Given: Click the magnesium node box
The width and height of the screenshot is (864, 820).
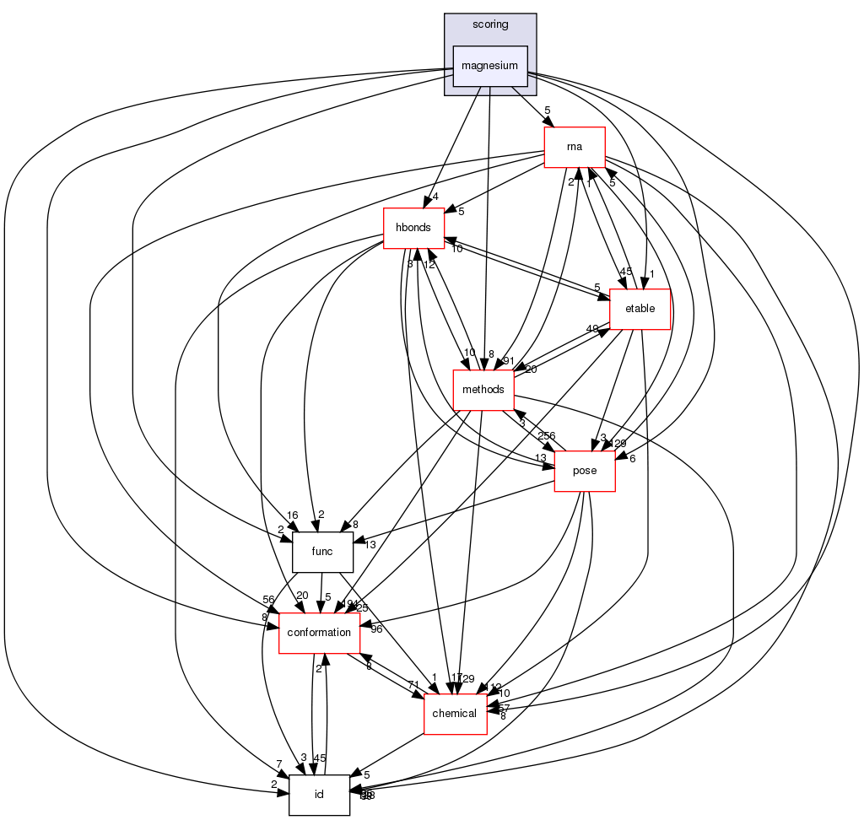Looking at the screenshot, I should [490, 66].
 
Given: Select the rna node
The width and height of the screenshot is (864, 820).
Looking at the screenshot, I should [575, 147].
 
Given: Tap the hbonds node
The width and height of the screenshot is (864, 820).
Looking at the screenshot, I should [413, 228].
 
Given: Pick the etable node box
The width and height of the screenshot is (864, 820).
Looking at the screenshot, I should [639, 308].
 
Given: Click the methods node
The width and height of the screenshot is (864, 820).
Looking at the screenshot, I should [483, 390].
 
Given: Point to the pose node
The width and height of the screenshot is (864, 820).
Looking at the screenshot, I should [584, 470].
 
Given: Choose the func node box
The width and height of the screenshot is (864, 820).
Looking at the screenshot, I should [321, 552].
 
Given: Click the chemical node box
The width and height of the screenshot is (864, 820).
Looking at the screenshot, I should [455, 714].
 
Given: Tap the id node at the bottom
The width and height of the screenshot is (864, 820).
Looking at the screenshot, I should [319, 795].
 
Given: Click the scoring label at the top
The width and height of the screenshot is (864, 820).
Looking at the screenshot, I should [490, 24].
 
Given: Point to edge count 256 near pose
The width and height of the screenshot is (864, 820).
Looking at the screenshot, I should [546, 435].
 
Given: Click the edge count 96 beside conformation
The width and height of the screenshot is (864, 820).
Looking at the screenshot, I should [377, 628].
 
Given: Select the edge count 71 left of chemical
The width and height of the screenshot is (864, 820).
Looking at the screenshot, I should [413, 683].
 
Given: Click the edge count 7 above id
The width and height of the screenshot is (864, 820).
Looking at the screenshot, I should [278, 763].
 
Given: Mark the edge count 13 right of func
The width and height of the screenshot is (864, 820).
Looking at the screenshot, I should [370, 544].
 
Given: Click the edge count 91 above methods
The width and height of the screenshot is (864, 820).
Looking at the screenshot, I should [509, 361].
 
